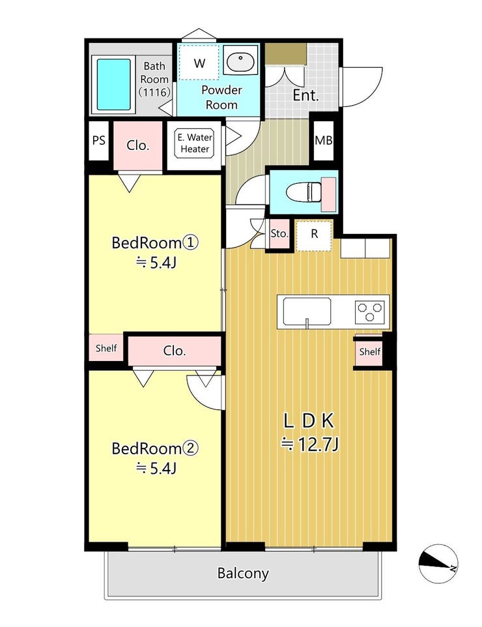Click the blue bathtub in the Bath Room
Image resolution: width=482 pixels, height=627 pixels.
click(114, 84)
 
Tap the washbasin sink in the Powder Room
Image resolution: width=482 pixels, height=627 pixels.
click(240, 60)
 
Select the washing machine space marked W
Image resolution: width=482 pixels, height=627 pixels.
click(199, 63)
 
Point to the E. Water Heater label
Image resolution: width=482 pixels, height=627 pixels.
click(195, 143)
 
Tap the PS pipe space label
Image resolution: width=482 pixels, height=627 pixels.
click(99, 140)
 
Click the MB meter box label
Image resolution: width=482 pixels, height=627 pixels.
click(323, 140)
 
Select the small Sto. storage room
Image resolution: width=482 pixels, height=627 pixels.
click(279, 235)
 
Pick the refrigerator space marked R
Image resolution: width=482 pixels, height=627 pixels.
click(314, 235)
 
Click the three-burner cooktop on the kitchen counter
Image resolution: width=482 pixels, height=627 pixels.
click(370, 312)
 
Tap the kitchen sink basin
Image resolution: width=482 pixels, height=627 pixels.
click(307, 312)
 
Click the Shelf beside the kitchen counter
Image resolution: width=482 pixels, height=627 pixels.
click(369, 352)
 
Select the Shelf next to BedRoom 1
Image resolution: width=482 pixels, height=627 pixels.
click(106, 348)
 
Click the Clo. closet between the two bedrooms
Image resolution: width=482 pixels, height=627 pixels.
click(175, 351)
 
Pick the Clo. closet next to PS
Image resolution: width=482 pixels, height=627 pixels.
click(138, 145)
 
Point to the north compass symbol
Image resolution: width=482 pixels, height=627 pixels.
click(438, 564)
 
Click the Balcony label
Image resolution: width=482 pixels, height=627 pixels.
click(242, 574)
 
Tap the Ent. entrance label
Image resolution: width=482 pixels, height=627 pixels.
click(305, 95)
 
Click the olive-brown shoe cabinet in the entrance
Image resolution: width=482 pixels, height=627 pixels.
click(286, 53)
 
